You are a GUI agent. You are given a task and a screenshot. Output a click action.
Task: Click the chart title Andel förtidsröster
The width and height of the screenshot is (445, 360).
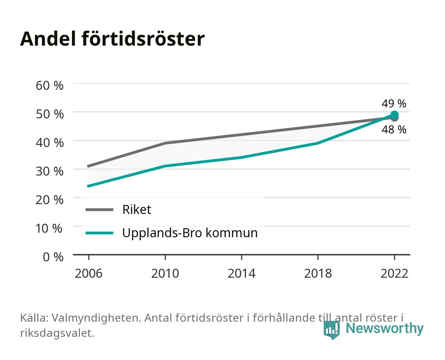coord(112,39)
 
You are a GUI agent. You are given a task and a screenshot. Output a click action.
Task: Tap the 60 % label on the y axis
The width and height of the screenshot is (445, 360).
coord(50,86)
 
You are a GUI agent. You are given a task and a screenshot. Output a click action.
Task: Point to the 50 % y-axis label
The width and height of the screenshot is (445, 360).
coord(50,114)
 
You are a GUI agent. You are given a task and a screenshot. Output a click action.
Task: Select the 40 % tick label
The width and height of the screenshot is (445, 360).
coord(50,143)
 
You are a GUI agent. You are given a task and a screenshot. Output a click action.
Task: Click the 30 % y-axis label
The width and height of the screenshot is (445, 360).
coord(50,171)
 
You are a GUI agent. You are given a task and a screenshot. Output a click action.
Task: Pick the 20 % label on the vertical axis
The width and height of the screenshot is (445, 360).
coord(50,200)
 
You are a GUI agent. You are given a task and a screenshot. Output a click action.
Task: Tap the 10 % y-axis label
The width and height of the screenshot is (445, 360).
coord(49,228)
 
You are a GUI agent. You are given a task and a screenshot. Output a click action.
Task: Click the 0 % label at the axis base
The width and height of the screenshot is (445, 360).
coord(53,257)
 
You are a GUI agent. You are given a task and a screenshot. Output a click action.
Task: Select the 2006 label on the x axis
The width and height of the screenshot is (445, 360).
coord(89,273)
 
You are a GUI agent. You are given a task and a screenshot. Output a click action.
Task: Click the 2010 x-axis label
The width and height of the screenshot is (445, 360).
coord(165,273)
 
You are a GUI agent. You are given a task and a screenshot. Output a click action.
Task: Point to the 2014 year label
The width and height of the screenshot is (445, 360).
coord(241,273)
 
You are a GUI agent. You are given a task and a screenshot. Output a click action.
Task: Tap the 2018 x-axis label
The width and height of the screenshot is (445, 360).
coord(318,273)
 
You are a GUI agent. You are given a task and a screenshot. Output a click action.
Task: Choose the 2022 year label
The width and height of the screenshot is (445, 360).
coord(394,273)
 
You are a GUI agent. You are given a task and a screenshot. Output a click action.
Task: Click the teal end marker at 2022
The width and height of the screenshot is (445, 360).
coord(394,115)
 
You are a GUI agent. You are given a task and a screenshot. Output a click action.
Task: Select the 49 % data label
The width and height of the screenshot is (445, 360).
coord(394,103)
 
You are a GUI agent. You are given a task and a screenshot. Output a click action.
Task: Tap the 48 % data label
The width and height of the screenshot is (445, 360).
coord(394,129)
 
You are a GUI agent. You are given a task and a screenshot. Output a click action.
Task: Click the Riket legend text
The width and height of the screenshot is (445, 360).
coord(137,209)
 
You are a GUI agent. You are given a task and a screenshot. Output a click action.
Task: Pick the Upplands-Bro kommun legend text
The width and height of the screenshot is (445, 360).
coord(190,233)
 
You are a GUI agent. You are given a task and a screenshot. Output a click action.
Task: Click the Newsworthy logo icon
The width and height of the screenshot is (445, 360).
coord(331,330)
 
